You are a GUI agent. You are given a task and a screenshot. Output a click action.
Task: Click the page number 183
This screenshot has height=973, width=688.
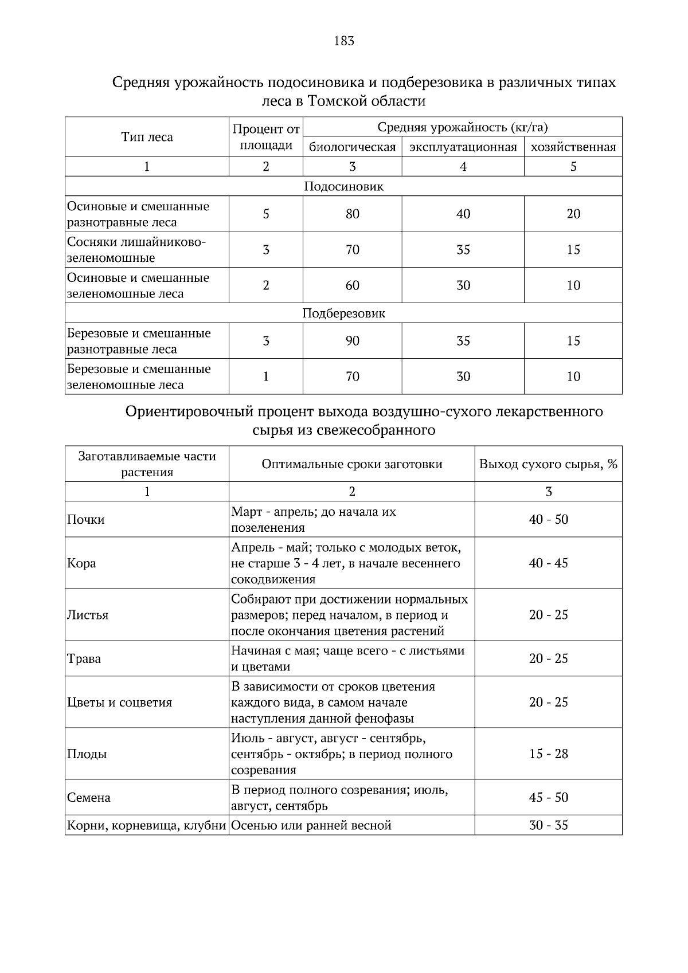click(x=343, y=41)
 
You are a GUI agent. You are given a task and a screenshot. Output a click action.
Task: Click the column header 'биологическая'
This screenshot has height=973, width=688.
click(x=352, y=147)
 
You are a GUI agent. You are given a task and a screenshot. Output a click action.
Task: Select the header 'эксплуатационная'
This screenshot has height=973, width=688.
click(x=463, y=147)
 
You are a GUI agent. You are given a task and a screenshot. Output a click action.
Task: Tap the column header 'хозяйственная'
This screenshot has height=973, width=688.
click(x=573, y=147)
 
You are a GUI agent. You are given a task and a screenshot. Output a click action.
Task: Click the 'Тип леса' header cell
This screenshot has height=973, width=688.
click(x=147, y=137)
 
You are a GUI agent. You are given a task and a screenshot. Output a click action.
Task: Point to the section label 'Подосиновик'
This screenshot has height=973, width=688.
click(x=343, y=186)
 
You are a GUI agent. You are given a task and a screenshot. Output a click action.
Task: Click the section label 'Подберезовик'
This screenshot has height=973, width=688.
click(x=343, y=313)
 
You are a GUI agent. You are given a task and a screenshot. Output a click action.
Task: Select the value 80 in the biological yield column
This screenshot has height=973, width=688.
click(x=352, y=214)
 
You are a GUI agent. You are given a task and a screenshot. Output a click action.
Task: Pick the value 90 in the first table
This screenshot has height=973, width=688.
click(x=352, y=341)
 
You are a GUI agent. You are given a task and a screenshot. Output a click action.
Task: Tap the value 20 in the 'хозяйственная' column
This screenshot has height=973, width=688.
click(x=573, y=214)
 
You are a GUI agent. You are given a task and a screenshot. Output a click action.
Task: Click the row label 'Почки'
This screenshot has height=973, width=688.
click(x=86, y=520)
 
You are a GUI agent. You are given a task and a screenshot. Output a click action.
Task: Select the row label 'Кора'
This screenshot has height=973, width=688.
click(x=81, y=563)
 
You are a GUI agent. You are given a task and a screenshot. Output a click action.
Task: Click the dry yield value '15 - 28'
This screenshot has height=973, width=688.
click(x=548, y=754)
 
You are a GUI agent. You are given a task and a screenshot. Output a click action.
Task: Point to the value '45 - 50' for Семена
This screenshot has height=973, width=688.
click(x=548, y=798)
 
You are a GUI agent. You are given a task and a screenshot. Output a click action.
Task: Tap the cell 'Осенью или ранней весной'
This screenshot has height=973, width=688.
click(x=311, y=826)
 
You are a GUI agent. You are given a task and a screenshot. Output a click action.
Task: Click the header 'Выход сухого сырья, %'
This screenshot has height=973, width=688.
click(x=548, y=464)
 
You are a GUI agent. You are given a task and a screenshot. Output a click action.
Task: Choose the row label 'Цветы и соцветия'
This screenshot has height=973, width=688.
click(x=120, y=703)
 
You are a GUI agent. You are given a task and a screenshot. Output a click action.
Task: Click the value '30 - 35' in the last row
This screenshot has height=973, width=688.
click(x=548, y=826)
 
